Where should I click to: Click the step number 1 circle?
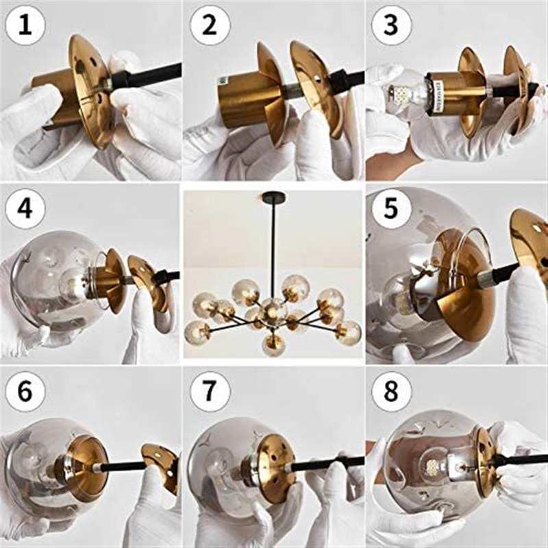pyautogui.click(x=25, y=25)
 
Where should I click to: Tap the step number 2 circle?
pyautogui.click(x=210, y=25)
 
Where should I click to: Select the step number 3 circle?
pyautogui.click(x=391, y=25)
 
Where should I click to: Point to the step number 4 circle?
pyautogui.click(x=25, y=209)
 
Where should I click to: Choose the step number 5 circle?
pyautogui.click(x=391, y=209)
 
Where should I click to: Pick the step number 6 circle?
pyautogui.click(x=25, y=391)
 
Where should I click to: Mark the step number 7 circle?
pyautogui.click(x=210, y=391)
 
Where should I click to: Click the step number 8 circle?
pyautogui.click(x=391, y=391)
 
